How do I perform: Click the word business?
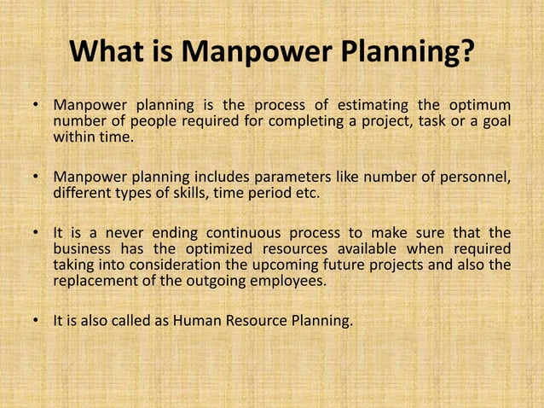pos(82,249)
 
